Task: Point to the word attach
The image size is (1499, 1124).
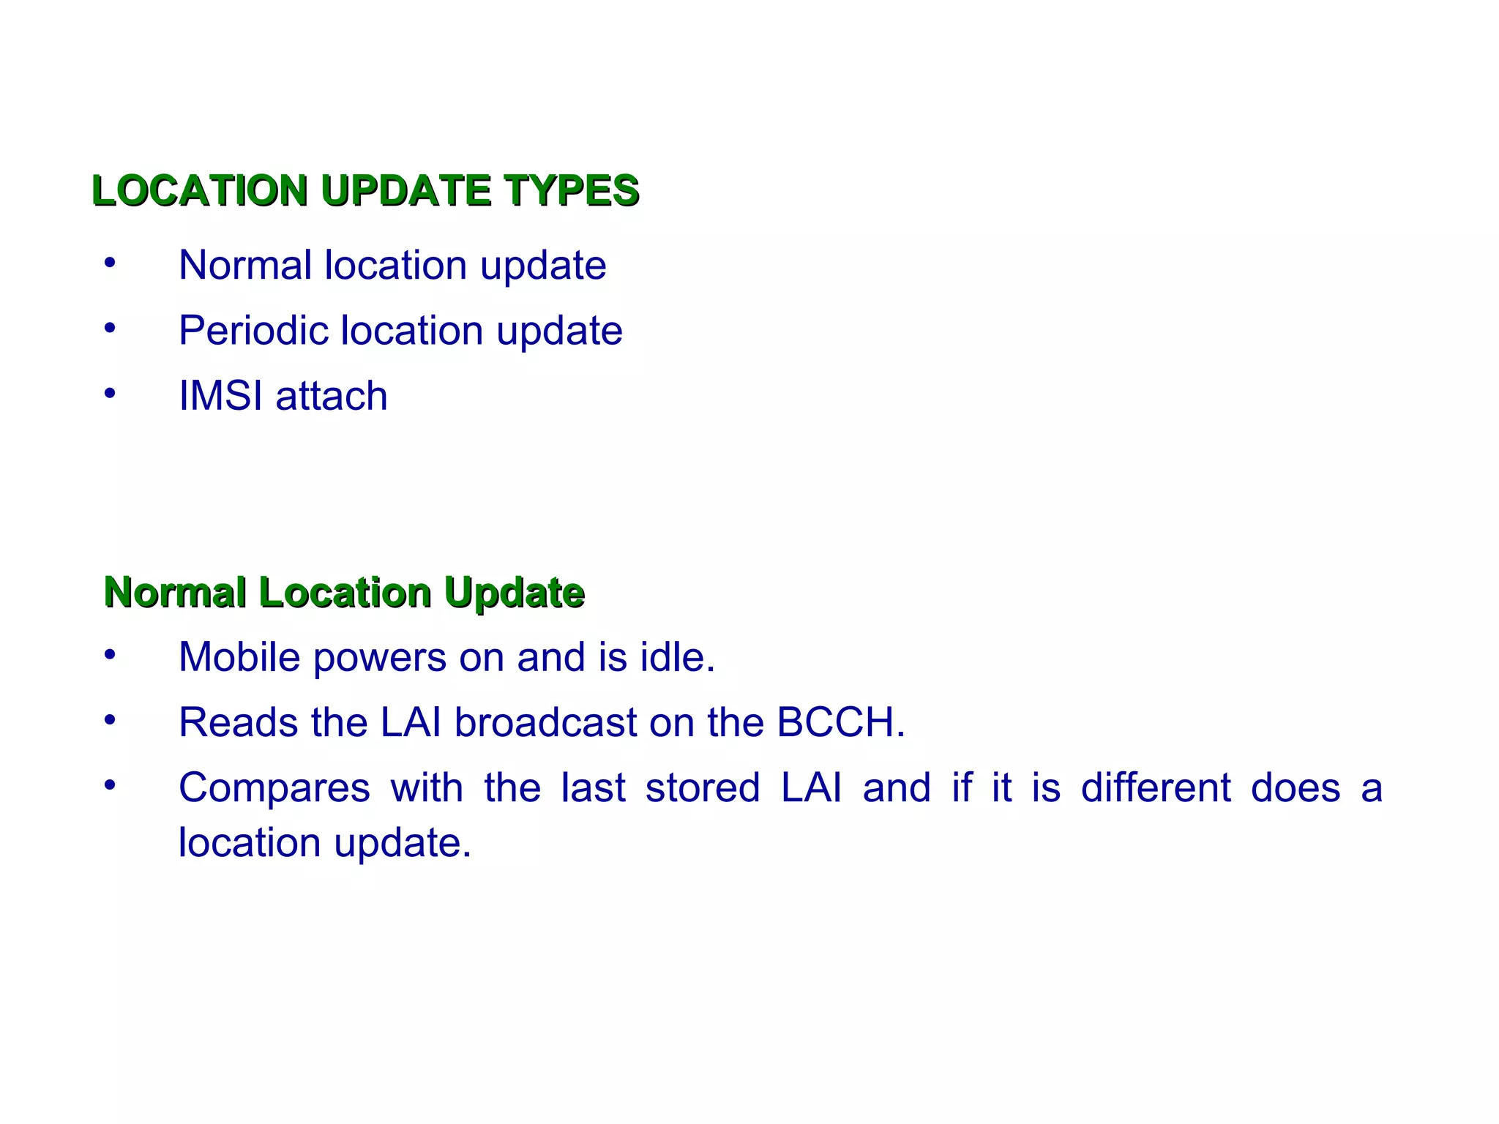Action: (x=332, y=396)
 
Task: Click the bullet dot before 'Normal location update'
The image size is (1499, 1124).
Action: (x=110, y=263)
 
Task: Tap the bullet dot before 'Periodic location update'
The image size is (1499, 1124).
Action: (x=110, y=328)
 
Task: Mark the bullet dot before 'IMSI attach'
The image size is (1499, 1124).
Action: (x=110, y=394)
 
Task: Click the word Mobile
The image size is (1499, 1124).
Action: (x=240, y=657)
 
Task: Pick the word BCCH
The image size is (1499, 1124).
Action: (x=840, y=723)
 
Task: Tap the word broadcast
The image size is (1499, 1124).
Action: (x=546, y=723)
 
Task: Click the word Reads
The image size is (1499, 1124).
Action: (x=239, y=723)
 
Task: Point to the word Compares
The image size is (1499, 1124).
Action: (x=274, y=789)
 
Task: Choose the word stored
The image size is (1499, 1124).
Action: (x=703, y=789)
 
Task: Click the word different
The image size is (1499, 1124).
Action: (x=1156, y=789)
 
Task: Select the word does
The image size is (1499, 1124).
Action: (x=1296, y=789)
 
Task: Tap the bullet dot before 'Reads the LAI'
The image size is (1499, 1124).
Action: (x=110, y=721)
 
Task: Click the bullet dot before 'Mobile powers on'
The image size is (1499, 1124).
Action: (x=110, y=655)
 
